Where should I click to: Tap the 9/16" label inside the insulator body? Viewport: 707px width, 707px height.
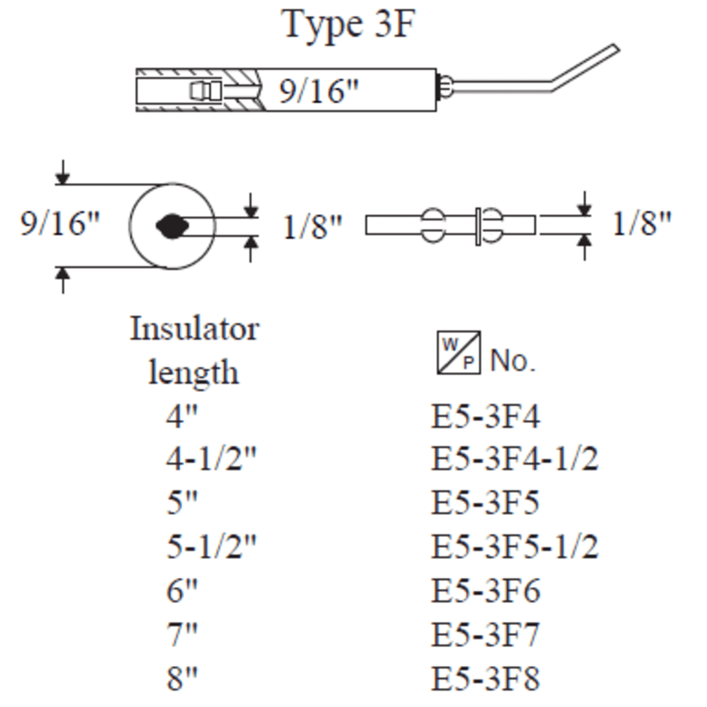pos(319,91)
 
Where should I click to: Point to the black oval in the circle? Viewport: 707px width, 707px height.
pos(172,226)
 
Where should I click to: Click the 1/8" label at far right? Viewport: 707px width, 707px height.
pos(641,224)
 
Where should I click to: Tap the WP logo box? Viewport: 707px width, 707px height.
pos(458,353)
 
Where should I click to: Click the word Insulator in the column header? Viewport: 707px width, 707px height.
pos(194,329)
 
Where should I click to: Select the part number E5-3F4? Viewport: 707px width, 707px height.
pos(485,416)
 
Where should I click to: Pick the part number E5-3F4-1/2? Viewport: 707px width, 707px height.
pos(514,459)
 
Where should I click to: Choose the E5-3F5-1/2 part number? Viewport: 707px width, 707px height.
pos(514,547)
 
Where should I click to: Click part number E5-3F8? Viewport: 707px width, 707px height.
pos(485,679)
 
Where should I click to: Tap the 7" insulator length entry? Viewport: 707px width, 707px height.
pos(182,635)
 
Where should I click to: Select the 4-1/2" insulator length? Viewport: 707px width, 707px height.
pos(211,459)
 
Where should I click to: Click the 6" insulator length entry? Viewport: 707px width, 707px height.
pos(182,591)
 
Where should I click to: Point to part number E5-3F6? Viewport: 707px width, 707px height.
pos(485,591)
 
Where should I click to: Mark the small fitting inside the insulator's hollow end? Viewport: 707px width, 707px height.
pos(205,91)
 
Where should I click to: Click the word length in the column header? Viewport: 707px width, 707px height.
pos(194,373)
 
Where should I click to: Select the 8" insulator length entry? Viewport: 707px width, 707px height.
pos(182,679)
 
